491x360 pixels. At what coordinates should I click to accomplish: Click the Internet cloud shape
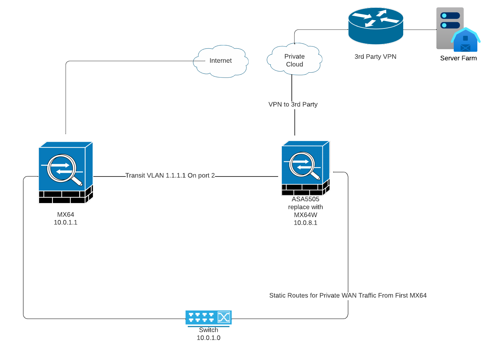221,61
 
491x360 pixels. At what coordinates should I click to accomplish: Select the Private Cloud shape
294,60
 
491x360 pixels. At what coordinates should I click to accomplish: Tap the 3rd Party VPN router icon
376,26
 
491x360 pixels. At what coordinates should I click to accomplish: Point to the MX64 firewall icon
66,172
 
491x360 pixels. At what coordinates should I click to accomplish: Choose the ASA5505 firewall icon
305,168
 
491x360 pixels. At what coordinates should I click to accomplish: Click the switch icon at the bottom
208,318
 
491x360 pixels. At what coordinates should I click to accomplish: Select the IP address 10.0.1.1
66,222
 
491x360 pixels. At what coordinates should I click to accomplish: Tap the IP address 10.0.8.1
305,223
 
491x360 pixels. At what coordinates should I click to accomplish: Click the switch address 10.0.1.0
208,338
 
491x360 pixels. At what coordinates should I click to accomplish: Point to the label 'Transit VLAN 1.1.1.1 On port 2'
170,175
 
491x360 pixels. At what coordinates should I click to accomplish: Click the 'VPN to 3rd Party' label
293,104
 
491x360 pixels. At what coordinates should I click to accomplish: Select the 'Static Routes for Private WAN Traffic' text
347,295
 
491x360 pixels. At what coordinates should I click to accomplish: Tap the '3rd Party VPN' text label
375,56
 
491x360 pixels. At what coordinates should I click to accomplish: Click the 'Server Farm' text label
458,58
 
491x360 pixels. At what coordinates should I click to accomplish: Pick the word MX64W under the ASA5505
305,215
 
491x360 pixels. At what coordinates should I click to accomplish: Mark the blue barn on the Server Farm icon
466,41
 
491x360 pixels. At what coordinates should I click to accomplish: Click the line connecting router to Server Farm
420,30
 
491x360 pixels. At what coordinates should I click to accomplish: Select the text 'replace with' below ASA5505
305,207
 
